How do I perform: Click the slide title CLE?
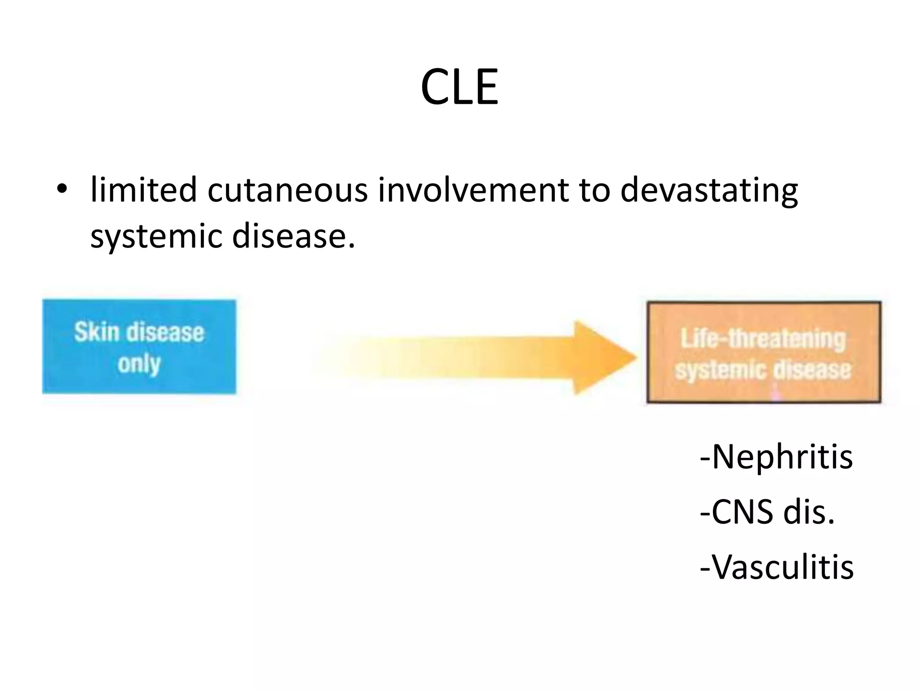[459, 87]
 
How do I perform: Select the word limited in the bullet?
[143, 189]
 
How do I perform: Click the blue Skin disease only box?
[139, 347]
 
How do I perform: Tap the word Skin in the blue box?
[97, 333]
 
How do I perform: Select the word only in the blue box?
[139, 363]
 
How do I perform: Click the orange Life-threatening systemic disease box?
[764, 353]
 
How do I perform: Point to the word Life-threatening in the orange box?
[763, 339]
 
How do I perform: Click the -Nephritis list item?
[776, 457]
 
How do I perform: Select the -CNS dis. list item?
[767, 512]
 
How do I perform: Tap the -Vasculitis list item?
[777, 567]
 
